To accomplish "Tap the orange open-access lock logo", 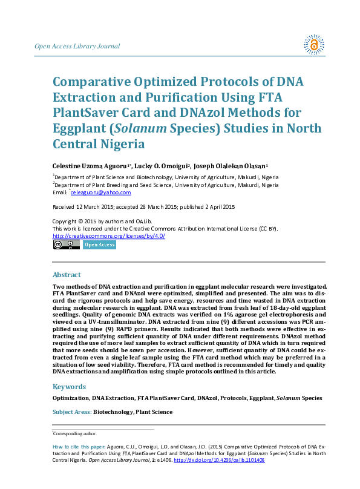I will [x=314, y=44].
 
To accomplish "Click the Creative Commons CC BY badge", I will [x=66, y=244].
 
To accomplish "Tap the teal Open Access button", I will [x=99, y=244].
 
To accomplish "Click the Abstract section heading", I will [x=67, y=275].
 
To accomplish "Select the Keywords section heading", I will [x=70, y=386].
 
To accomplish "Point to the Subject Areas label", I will [x=71, y=412].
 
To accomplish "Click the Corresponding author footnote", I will [x=76, y=434].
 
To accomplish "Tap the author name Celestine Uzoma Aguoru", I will [x=89, y=165].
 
